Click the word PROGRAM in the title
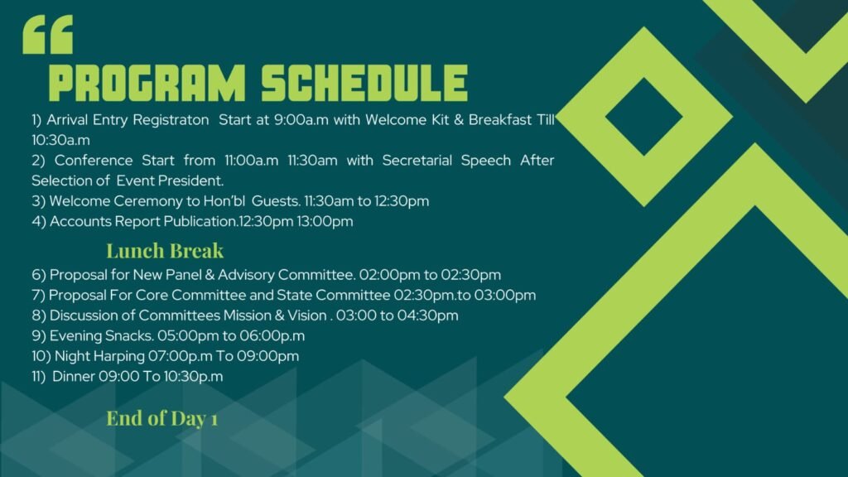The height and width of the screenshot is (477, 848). (x=147, y=84)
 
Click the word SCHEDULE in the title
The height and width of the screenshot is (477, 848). (x=364, y=84)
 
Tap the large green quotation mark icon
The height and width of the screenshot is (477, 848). (x=47, y=35)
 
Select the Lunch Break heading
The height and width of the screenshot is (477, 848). (x=165, y=251)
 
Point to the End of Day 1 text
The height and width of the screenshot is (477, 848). (x=161, y=418)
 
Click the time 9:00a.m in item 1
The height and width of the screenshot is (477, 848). (x=301, y=119)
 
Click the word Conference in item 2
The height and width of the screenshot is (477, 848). (x=94, y=161)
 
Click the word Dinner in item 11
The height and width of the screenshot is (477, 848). (x=74, y=377)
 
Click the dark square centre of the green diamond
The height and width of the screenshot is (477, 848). (x=644, y=117)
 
